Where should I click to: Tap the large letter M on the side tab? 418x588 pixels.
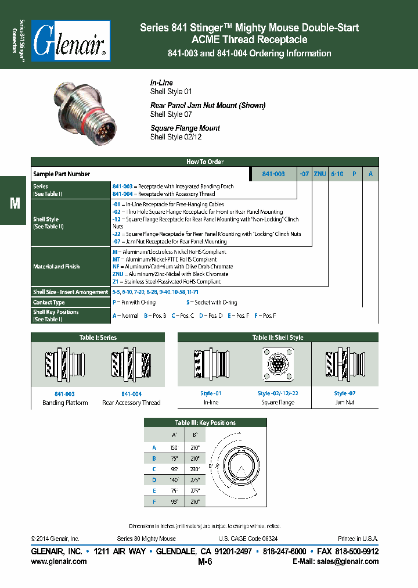pyautogui.click(x=15, y=203)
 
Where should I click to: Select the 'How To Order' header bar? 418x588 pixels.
pyautogui.click(x=204, y=162)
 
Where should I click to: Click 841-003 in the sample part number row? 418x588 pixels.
pyautogui.click(x=273, y=174)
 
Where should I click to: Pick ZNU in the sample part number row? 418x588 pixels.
pyautogui.click(x=319, y=174)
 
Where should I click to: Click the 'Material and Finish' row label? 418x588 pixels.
pyautogui.click(x=56, y=267)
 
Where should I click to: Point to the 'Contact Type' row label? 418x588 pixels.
pyautogui.click(x=49, y=302)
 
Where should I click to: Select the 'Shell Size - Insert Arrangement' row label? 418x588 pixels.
pyautogui.click(x=70, y=292)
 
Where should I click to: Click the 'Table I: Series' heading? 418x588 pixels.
pyautogui.click(x=98, y=337)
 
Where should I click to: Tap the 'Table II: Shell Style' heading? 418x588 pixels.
pyautogui.click(x=278, y=337)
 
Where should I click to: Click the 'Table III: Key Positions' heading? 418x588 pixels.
pyautogui.click(x=205, y=422)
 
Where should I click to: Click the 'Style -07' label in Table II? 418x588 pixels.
pyautogui.click(x=344, y=393)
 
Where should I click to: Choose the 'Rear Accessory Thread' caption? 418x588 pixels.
pyautogui.click(x=131, y=403)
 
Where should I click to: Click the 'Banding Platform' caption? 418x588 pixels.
pyautogui.click(x=65, y=403)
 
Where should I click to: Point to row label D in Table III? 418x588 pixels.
pyautogui.click(x=154, y=479)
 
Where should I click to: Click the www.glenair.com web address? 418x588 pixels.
pyautogui.click(x=58, y=561)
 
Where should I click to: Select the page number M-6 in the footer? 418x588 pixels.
pyautogui.click(x=205, y=561)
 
